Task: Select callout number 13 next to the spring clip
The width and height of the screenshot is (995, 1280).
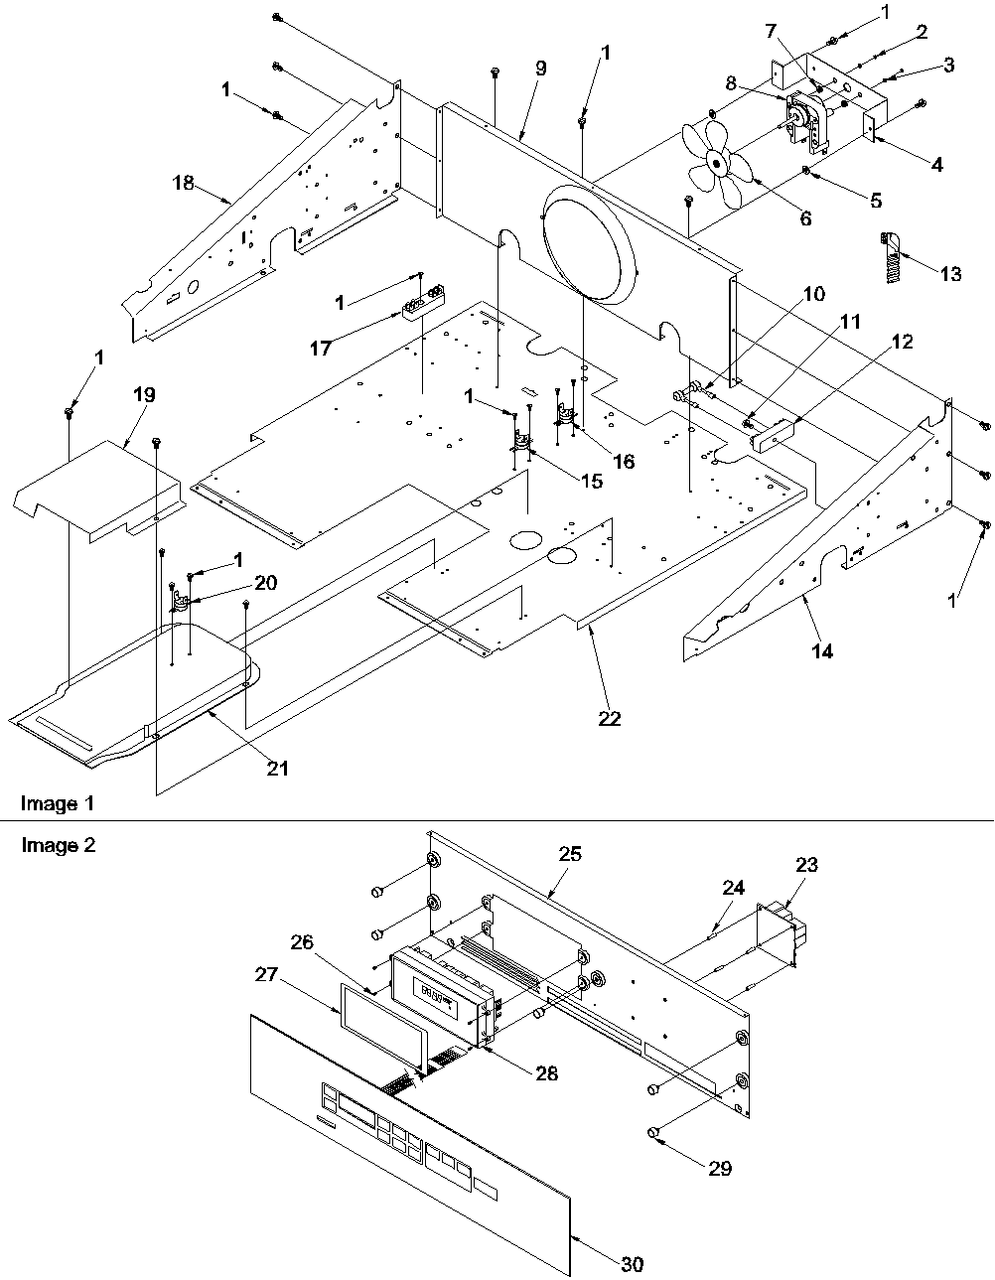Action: click(x=949, y=274)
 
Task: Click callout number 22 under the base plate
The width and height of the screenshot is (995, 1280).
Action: click(x=609, y=718)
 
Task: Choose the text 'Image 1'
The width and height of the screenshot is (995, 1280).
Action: click(x=50, y=803)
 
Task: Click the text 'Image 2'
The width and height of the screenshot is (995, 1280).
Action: click(x=50, y=845)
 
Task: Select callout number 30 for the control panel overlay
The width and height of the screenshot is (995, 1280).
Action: click(x=632, y=1264)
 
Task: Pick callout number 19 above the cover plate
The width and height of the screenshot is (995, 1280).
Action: click(x=144, y=395)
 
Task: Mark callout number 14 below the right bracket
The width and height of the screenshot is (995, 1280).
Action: click(x=821, y=651)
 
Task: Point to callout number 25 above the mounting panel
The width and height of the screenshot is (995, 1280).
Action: click(x=570, y=853)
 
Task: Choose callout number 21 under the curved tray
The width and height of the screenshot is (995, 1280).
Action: click(x=278, y=768)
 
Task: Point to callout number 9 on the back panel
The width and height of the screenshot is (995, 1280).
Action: click(x=539, y=69)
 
